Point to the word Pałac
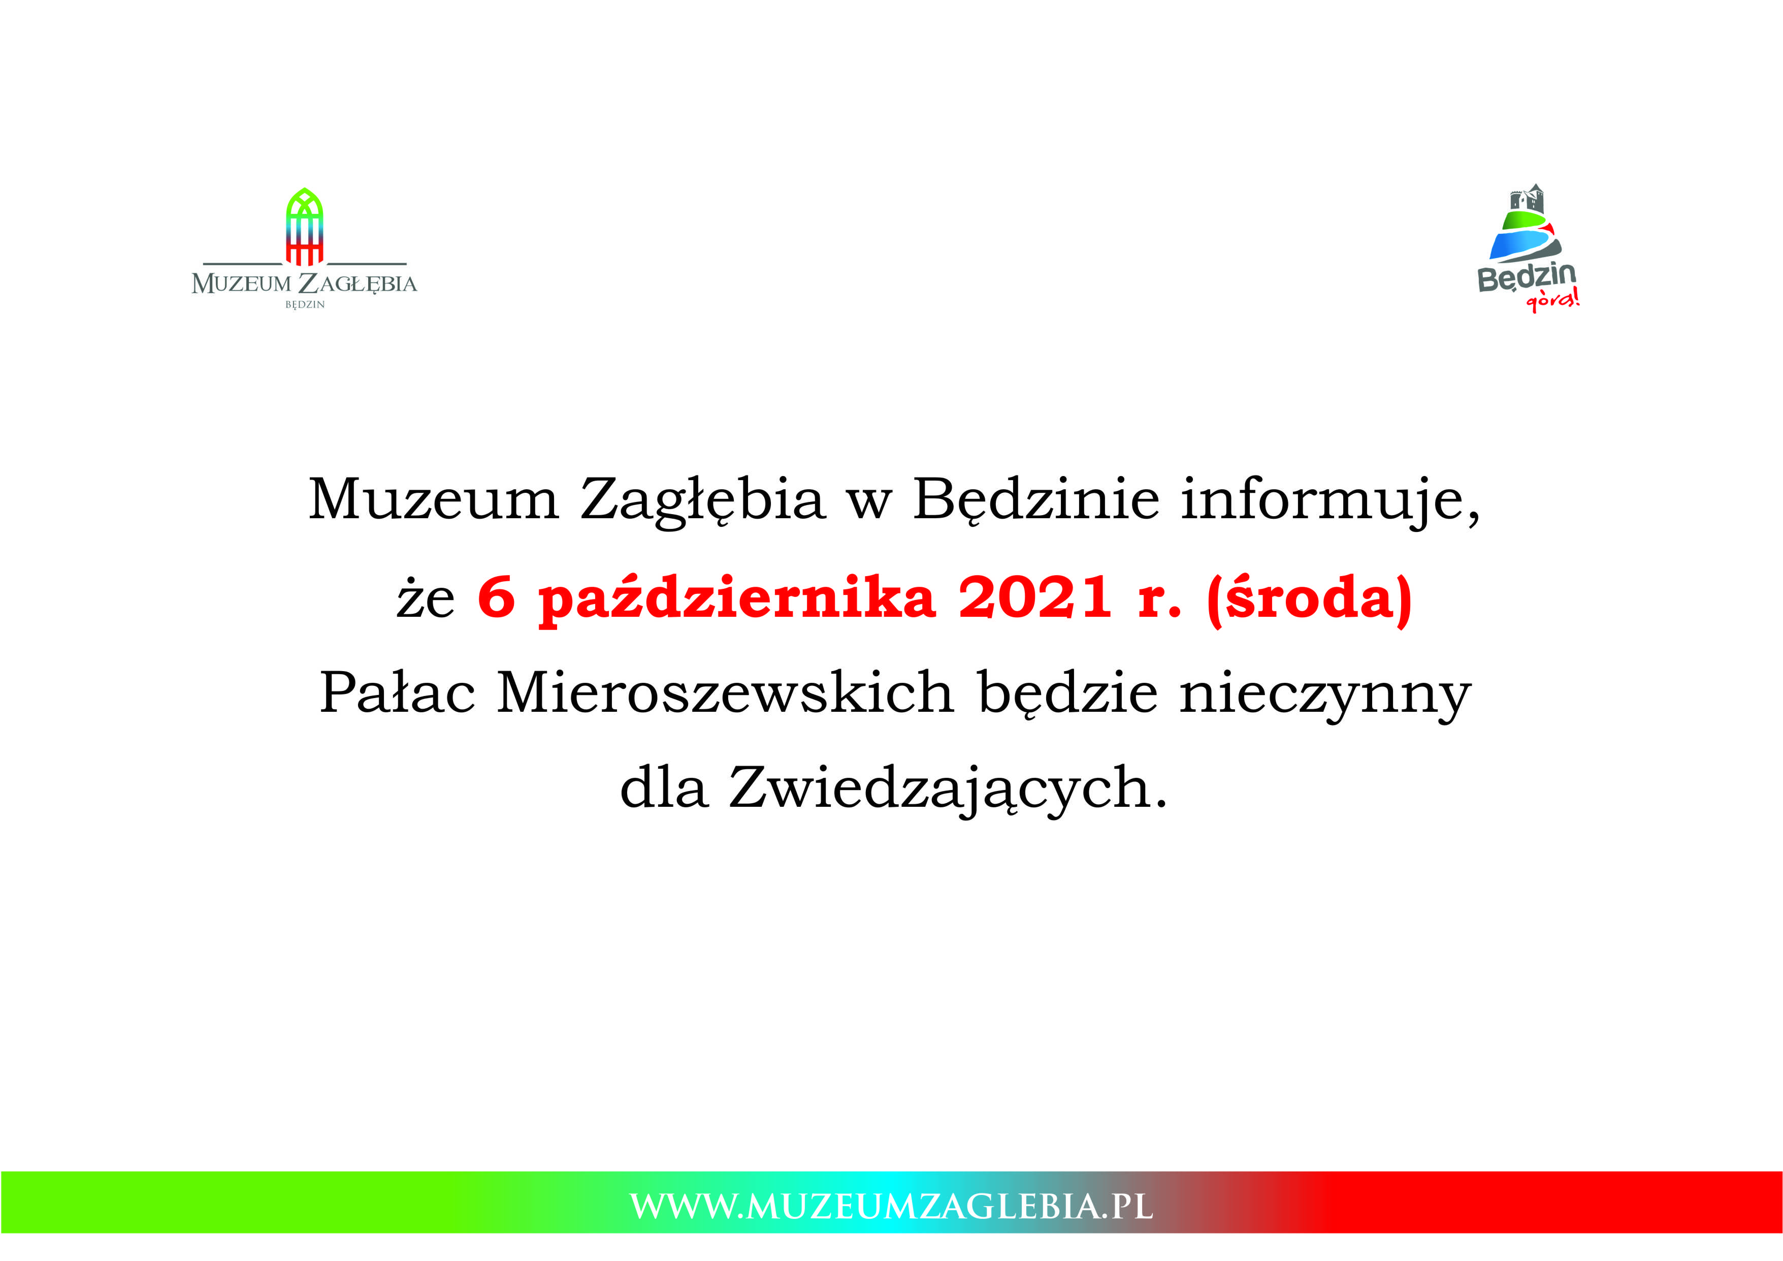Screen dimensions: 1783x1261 (397, 691)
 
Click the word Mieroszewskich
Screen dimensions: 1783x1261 (725, 691)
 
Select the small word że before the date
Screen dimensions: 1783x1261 (426, 600)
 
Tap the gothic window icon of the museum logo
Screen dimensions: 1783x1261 (304, 226)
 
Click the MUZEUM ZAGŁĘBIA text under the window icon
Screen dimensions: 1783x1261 (304, 283)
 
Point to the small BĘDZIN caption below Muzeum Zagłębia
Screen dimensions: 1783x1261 (304, 304)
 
